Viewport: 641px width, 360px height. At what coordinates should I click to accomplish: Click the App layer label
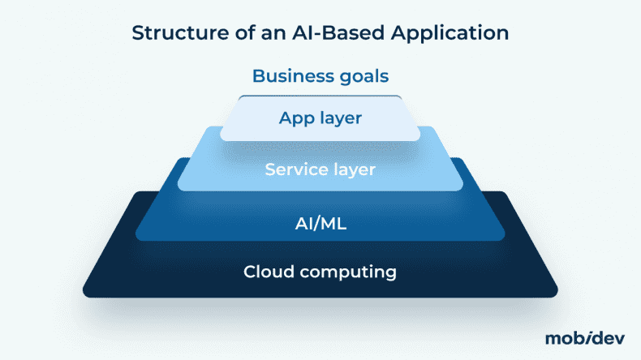click(320, 118)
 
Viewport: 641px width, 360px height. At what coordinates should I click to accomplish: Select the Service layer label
click(320, 170)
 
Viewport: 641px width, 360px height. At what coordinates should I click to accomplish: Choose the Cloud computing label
click(320, 272)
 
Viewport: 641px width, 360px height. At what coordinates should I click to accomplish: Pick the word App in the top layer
click(296, 118)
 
